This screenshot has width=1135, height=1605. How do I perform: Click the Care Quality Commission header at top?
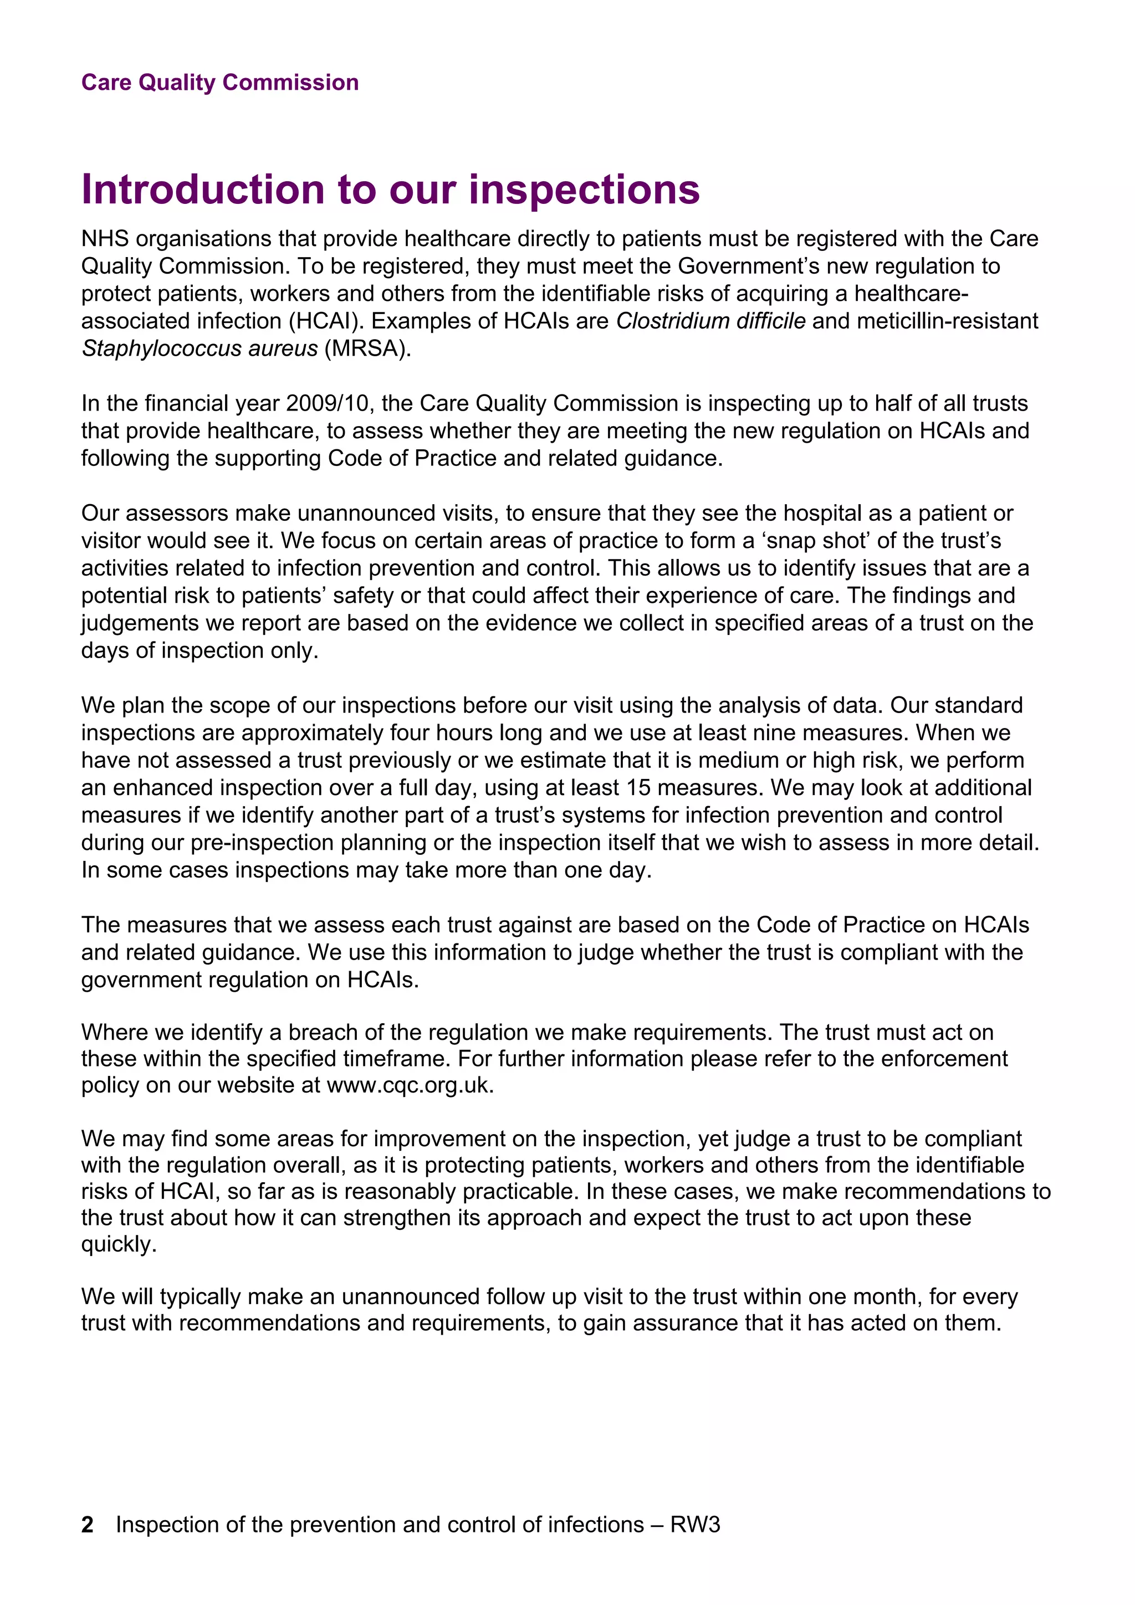point(219,83)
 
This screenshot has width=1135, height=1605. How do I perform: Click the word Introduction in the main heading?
point(203,189)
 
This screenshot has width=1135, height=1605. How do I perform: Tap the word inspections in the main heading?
point(584,189)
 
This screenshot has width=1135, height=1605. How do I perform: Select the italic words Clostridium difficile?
point(710,321)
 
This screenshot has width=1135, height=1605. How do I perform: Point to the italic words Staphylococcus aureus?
point(200,348)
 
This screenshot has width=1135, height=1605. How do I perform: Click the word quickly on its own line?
point(119,1244)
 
